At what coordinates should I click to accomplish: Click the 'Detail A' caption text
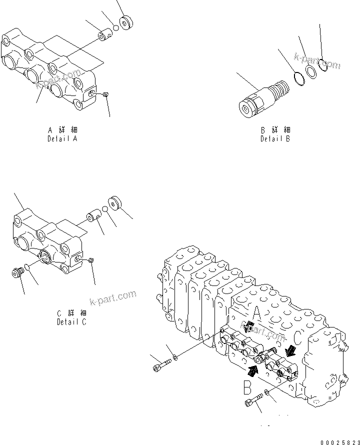pos(62,138)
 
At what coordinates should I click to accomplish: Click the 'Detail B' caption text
pos(275,138)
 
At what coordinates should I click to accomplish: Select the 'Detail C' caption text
pos(71,321)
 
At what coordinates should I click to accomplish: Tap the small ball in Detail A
pos(116,28)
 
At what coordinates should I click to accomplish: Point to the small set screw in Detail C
pos(91,259)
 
